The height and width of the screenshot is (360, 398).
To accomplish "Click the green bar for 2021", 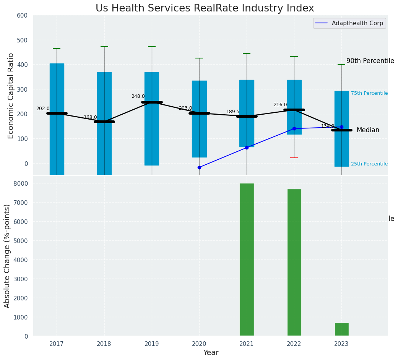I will click(247, 260).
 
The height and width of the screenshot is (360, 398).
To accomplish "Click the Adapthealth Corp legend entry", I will click(349, 23).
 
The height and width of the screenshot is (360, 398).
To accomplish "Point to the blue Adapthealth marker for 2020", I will click(199, 167).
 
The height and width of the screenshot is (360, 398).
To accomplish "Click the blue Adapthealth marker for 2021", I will click(247, 147).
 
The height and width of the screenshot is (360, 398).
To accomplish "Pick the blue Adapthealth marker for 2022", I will click(294, 128).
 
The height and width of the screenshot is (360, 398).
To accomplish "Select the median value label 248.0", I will click(138, 96).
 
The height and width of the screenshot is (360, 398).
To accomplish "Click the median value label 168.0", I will click(90, 117).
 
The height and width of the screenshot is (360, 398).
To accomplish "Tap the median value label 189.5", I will click(233, 112).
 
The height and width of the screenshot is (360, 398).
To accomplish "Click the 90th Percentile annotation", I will click(370, 61).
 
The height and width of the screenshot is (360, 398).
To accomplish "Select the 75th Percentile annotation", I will click(369, 93).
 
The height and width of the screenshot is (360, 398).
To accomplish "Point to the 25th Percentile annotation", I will click(369, 164).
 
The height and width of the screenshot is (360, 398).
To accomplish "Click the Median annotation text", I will click(368, 130).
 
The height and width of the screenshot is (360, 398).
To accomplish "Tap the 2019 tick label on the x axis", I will click(152, 344).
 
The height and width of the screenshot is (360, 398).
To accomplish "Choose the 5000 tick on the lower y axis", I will click(21, 241).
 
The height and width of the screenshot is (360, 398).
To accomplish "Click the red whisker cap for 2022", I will click(294, 158).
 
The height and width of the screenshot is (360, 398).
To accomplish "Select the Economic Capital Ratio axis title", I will click(11, 96).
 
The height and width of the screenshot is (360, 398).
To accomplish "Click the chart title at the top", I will click(205, 8).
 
